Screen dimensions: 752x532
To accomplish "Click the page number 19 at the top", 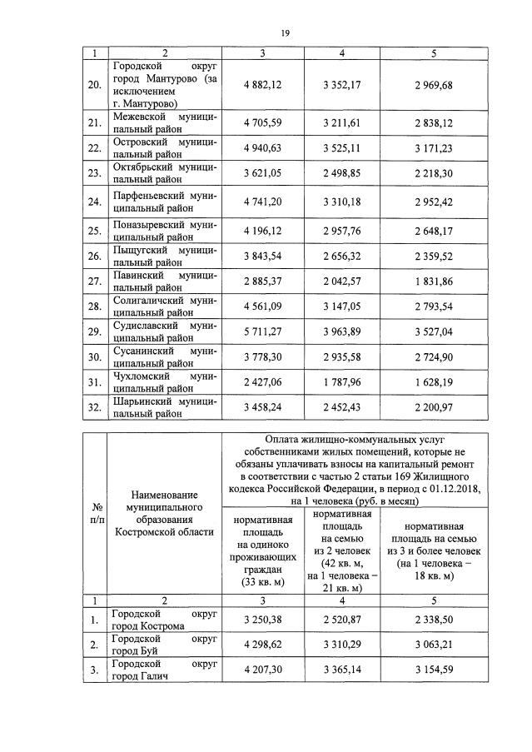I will point(285,32).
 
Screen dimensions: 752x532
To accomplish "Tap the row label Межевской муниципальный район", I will point(164,123).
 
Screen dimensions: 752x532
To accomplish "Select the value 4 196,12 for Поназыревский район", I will point(263,230).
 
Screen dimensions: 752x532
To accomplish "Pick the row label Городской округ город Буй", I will point(164,645).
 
